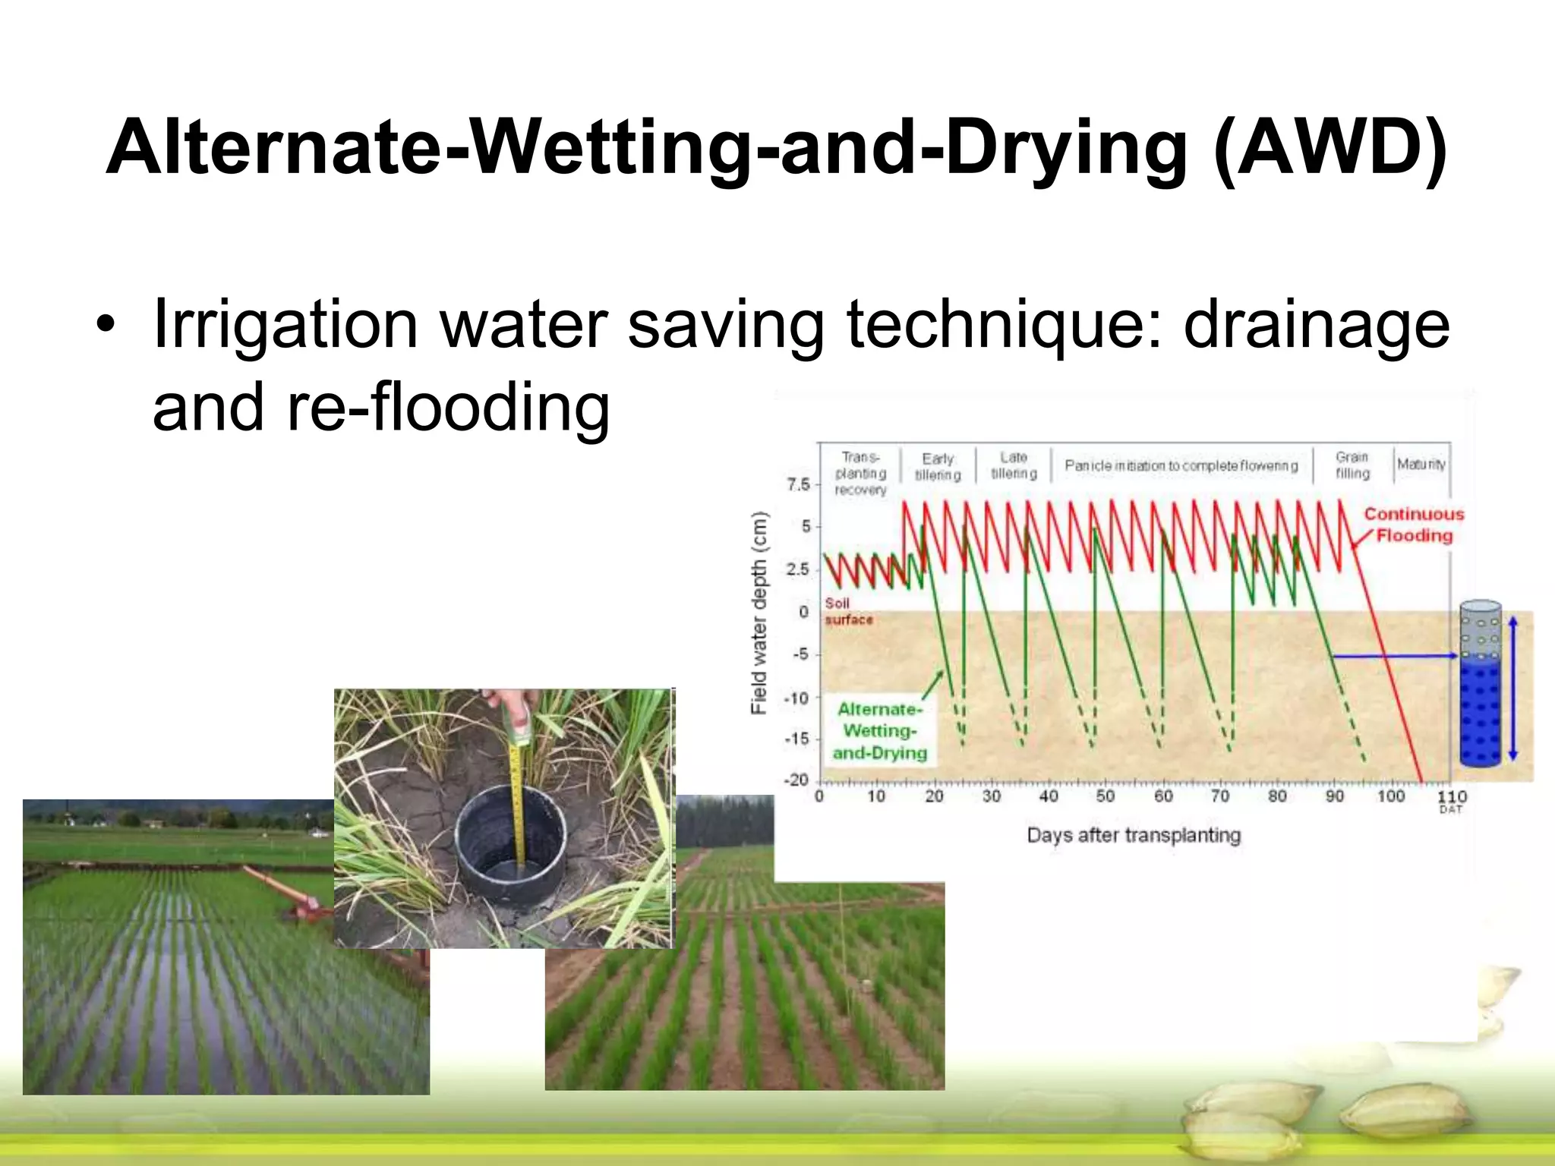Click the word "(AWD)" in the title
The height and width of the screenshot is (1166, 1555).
(x=1330, y=148)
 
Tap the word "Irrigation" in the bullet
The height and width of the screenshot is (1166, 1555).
(x=285, y=325)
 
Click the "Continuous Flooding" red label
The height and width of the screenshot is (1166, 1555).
(x=1414, y=525)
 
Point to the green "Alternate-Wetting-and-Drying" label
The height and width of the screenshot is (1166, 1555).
(x=880, y=730)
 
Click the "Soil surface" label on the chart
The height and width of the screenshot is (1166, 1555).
(x=848, y=611)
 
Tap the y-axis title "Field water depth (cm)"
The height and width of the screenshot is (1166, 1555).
(x=759, y=613)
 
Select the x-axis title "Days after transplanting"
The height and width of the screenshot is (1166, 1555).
(x=1134, y=835)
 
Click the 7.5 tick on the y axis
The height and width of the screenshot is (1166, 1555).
(x=798, y=484)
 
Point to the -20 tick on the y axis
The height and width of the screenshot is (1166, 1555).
(x=796, y=780)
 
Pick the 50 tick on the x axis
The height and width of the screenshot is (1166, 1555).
(x=1106, y=796)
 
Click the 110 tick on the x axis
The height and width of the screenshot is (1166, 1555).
(x=1452, y=796)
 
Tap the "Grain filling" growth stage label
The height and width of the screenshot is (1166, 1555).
(x=1352, y=465)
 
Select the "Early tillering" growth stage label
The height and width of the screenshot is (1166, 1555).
(x=938, y=466)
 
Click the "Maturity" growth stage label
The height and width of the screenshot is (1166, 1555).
(x=1421, y=464)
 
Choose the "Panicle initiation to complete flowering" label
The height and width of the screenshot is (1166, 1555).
(x=1181, y=465)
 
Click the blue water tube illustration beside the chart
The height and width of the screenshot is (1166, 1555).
(x=1481, y=683)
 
